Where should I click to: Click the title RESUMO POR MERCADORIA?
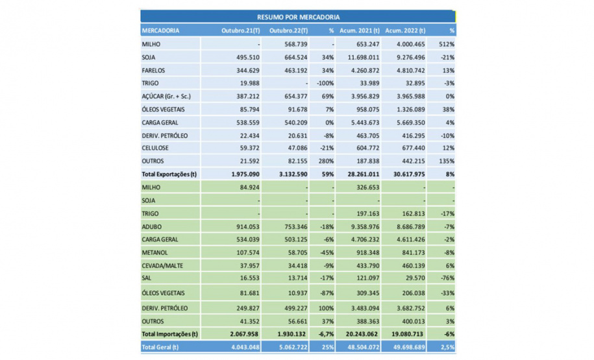(x=298, y=17)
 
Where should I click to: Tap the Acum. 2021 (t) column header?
(x=356, y=30)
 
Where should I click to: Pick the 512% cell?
(x=448, y=44)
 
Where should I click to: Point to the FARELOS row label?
(x=153, y=70)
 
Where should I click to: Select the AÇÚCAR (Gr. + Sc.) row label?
(x=166, y=96)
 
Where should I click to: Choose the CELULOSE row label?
(x=156, y=148)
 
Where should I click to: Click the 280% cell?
(x=326, y=161)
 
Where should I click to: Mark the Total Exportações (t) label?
(x=171, y=174)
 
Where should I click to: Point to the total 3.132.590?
(x=290, y=174)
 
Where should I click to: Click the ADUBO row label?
(x=153, y=226)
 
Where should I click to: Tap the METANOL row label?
(x=156, y=252)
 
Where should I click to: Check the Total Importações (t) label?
(x=170, y=334)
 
